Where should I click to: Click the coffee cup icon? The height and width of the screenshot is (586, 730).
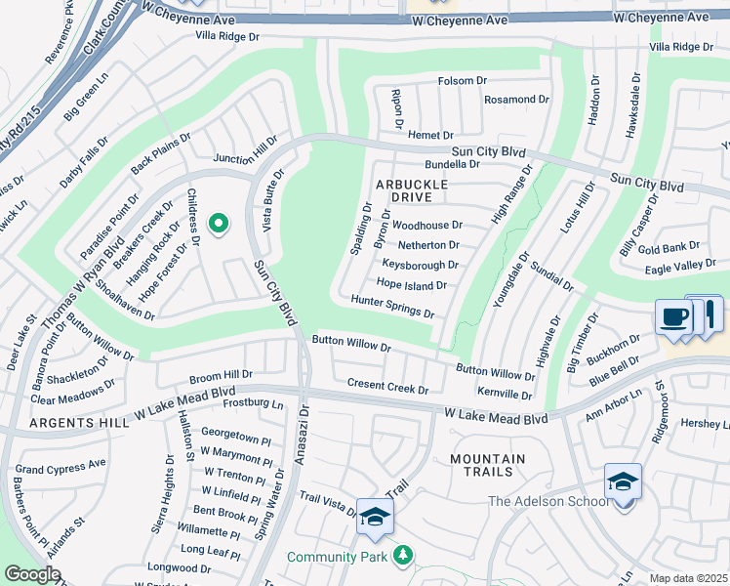673,318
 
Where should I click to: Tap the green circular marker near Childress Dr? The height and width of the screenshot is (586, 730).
219,225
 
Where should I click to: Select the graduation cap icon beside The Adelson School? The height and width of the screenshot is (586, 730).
623,483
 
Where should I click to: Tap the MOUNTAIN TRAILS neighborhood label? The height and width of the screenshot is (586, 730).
487,465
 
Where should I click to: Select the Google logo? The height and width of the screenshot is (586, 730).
32,574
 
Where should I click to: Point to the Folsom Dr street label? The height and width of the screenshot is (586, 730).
463,81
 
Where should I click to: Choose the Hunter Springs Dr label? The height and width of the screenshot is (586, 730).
392,308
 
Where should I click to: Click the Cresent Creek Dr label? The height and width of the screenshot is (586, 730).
387,388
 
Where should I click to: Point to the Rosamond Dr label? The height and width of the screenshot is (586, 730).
523,100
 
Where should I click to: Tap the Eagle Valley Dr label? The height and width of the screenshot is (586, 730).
681,265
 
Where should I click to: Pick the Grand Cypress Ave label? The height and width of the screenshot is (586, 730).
61,469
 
